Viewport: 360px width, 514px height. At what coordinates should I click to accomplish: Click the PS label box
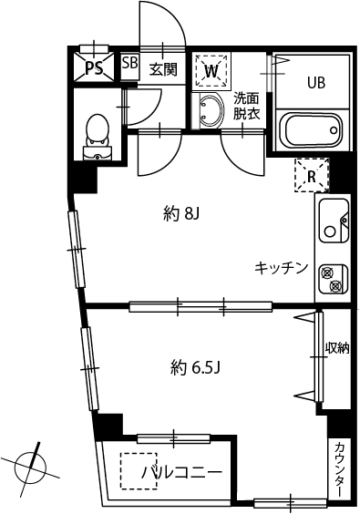click(94, 67)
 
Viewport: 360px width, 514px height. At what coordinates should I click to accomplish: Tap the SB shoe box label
click(129, 65)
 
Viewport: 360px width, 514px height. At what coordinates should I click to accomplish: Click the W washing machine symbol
click(211, 69)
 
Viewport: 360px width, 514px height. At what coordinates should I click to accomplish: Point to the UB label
click(315, 82)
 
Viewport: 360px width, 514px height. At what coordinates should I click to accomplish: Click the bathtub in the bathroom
click(313, 130)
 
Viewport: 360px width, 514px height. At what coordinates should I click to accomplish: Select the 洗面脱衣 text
click(245, 107)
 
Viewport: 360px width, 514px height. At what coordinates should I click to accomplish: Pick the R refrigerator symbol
click(311, 176)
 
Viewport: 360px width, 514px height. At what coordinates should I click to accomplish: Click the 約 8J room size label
click(180, 214)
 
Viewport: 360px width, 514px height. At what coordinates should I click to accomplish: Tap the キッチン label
click(281, 267)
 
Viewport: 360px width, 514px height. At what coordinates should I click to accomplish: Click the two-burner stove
click(333, 278)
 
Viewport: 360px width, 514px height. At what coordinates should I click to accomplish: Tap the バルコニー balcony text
click(181, 473)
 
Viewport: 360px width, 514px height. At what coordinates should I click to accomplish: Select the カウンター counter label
click(338, 468)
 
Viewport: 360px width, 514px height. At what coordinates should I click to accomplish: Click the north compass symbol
click(31, 465)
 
